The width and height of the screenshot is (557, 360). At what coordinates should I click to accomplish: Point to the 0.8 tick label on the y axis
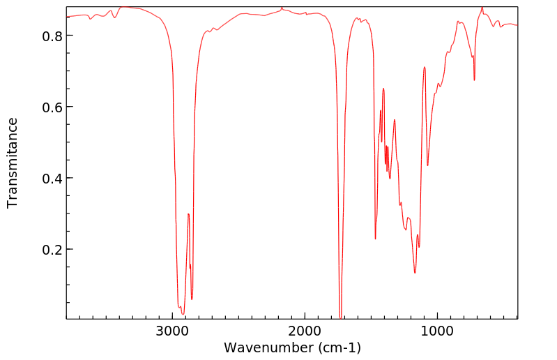[x=53, y=36]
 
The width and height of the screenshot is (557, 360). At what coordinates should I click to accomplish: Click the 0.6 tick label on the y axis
[x=53, y=107]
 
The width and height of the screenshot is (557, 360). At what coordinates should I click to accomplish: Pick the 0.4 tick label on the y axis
[x=53, y=178]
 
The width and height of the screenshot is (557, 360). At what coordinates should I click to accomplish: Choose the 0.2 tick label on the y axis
[x=53, y=249]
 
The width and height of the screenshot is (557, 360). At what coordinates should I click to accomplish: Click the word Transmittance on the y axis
[x=13, y=163]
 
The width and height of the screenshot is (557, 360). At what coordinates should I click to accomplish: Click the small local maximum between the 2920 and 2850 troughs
[x=188, y=214]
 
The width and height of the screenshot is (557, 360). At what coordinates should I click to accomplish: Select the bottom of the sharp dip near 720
[x=474, y=80]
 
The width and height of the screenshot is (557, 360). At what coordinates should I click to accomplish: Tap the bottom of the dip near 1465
[x=375, y=239]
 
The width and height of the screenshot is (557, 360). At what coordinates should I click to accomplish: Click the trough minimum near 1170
[x=415, y=273]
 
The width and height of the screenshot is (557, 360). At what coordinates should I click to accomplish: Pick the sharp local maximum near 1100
[x=424, y=67]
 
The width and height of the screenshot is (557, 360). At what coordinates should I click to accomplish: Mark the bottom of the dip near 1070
[x=427, y=165]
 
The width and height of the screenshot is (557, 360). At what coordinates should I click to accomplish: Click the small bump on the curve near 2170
[x=282, y=8]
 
